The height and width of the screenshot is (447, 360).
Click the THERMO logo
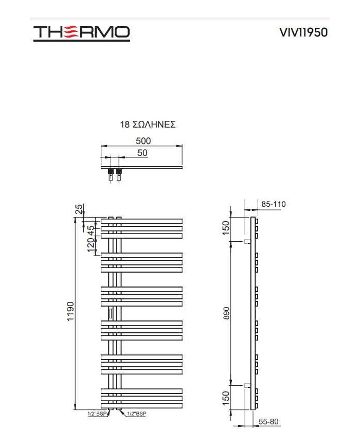[x=82, y=33]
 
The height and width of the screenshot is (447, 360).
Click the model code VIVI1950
[x=303, y=32]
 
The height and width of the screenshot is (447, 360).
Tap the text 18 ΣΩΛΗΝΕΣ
[x=148, y=124]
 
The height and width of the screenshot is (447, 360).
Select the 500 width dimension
[x=143, y=140]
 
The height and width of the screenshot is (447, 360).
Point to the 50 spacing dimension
[x=142, y=153]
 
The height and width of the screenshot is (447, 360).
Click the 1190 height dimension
[x=70, y=311]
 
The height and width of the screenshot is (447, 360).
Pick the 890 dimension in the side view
[x=226, y=313]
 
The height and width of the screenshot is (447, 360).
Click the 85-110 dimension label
[x=273, y=204]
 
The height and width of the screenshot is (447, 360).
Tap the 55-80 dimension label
[x=268, y=422]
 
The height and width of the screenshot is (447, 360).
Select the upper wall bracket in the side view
[x=247, y=241]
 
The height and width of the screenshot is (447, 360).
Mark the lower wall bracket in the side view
[x=247, y=385]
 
